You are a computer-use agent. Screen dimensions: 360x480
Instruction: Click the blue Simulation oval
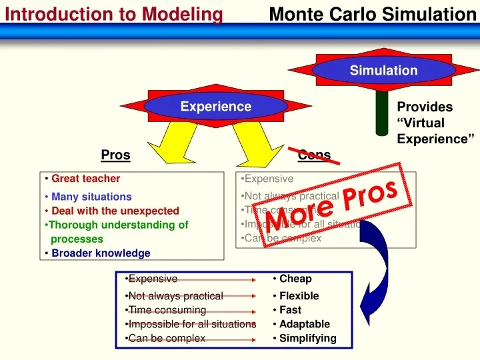point(383,70)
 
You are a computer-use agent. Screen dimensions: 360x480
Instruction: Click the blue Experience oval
point(215,107)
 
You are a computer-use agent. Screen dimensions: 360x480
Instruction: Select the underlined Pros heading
point(115,155)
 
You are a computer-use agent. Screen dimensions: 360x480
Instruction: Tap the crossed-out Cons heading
point(314,155)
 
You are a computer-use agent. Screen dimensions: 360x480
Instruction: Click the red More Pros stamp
point(331,205)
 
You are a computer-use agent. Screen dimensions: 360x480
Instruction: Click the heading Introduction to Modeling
point(114,14)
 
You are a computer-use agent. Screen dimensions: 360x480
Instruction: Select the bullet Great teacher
point(85,179)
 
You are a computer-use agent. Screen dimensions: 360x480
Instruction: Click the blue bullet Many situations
point(91,197)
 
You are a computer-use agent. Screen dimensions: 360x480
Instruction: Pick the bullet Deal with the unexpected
point(115,211)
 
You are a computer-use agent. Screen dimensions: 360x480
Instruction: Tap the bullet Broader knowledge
point(101,253)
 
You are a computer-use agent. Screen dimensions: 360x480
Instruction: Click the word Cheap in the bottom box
point(295,279)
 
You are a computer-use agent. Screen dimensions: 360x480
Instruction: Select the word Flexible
point(299,296)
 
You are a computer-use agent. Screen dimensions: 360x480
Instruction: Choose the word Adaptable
point(304,324)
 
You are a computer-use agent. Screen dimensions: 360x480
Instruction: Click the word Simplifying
point(307,338)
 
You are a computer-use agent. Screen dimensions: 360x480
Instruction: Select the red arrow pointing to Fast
point(230,311)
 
